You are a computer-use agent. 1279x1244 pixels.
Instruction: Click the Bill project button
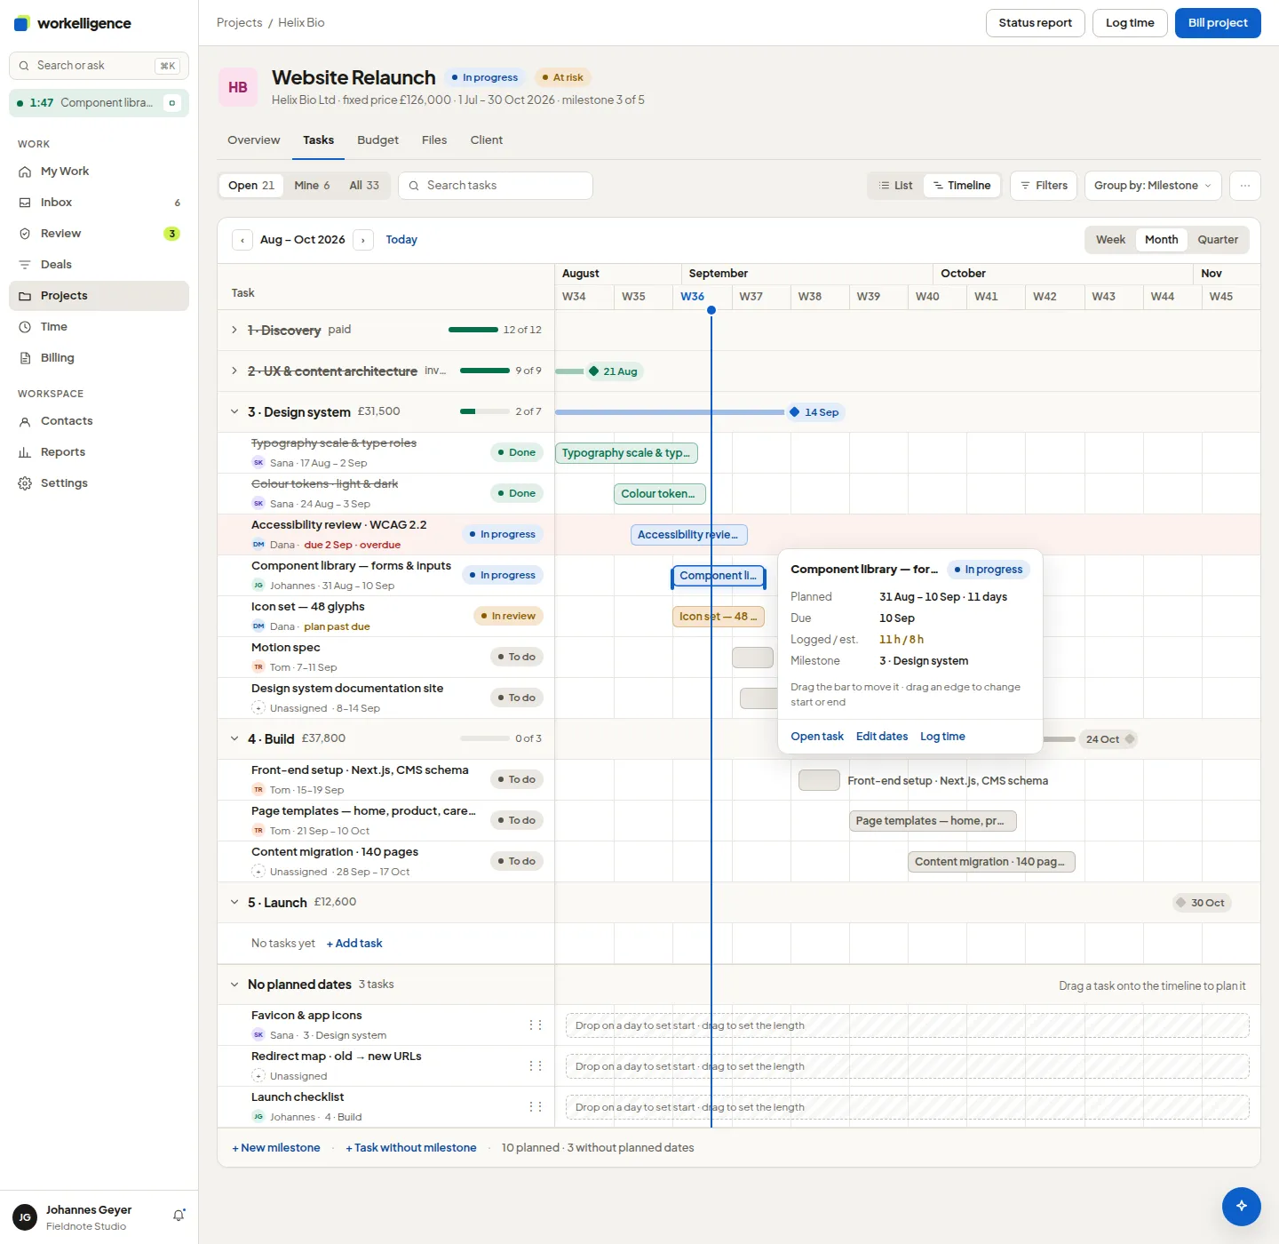click(1217, 23)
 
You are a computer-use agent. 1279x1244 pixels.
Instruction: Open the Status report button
click(1035, 23)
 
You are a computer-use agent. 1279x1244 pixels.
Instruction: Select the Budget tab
click(377, 140)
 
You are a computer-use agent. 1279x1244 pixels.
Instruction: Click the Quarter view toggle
click(1217, 239)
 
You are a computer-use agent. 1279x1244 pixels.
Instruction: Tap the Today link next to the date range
click(401, 239)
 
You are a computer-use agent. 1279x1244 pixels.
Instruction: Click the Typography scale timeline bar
click(626, 453)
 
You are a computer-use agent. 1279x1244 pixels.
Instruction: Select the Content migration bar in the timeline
click(991, 862)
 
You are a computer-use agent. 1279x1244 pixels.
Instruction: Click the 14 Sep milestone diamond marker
click(795, 412)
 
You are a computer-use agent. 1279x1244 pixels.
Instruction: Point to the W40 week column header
click(926, 297)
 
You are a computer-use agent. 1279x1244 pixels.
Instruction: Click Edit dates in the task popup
click(881, 737)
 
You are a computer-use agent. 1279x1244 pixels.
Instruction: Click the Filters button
click(1044, 186)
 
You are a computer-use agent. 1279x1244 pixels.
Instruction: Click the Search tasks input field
click(496, 186)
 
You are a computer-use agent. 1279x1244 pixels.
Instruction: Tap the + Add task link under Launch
click(354, 943)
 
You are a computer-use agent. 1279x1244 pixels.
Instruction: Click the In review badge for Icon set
click(508, 616)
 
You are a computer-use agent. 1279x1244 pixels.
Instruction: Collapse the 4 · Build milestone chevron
click(234, 738)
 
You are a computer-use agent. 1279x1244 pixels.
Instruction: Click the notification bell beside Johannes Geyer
click(179, 1215)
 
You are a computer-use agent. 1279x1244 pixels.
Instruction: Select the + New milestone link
click(276, 1147)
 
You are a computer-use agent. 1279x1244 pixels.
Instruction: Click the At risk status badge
click(562, 77)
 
